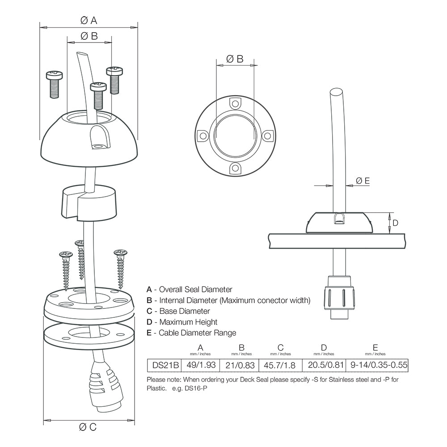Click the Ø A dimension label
click(x=89, y=20)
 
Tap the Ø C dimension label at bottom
click(x=88, y=427)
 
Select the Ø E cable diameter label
click(x=363, y=181)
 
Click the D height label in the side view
click(x=395, y=223)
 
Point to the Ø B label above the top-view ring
click(x=235, y=59)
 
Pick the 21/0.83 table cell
click(x=240, y=365)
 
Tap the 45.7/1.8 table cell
click(x=280, y=365)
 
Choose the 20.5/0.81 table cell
click(x=324, y=365)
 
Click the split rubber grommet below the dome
click(x=88, y=202)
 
